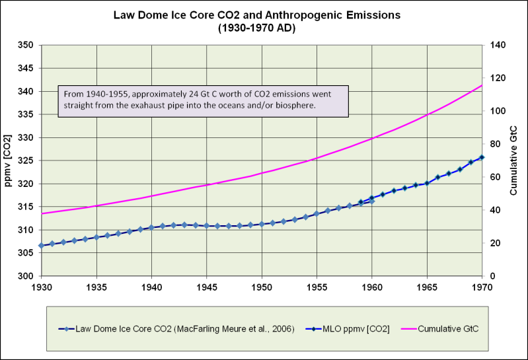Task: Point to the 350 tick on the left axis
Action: tap(27, 46)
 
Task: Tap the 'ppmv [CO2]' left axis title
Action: tap(9, 161)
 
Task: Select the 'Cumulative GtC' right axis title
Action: tap(514, 161)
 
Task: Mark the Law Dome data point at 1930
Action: tap(42, 245)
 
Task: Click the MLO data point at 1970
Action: tap(482, 157)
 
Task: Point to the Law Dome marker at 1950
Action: tap(262, 224)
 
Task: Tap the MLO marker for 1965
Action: tap(427, 183)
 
